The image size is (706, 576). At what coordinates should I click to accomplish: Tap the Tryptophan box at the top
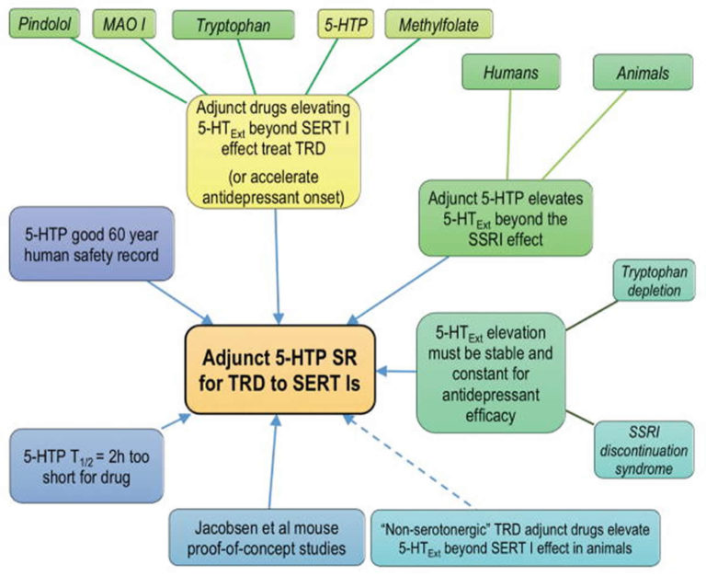click(233, 25)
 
